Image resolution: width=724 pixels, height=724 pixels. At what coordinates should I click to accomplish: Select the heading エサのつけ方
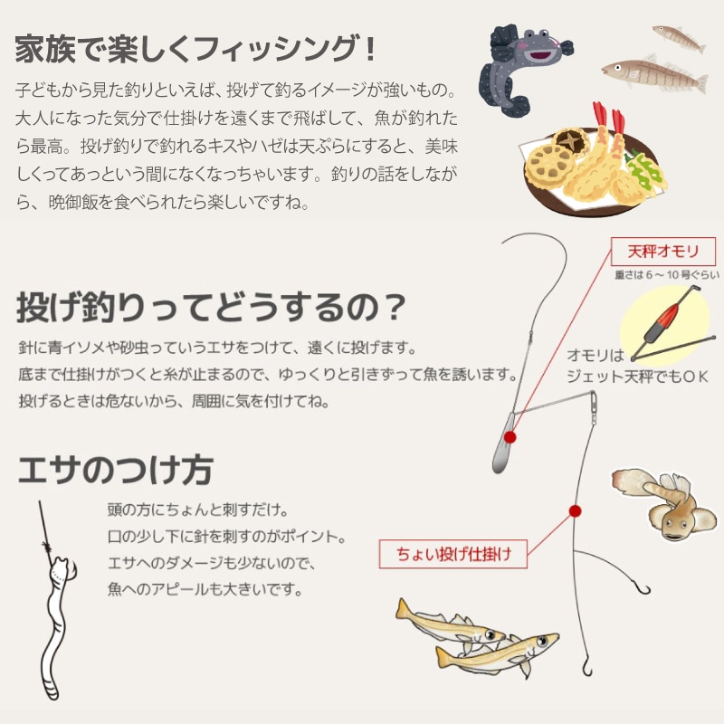click(114, 470)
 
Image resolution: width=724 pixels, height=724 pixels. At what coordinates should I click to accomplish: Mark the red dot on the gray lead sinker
click(510, 436)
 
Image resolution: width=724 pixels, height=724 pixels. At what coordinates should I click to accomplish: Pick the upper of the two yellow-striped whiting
click(448, 624)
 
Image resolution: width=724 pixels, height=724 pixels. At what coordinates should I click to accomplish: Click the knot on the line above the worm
click(46, 547)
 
